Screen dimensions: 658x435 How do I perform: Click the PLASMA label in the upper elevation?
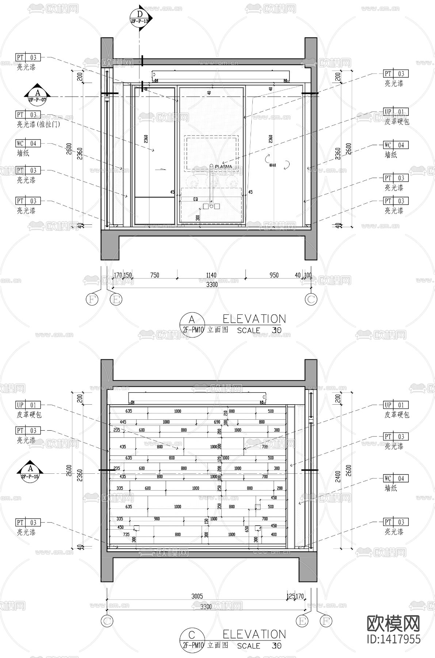click(x=224, y=166)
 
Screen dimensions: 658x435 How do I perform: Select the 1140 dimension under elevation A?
click(x=211, y=275)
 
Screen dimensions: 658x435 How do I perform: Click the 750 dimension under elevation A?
click(x=155, y=275)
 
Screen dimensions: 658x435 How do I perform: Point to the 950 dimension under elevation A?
click(x=274, y=275)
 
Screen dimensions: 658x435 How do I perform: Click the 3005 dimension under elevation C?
click(x=197, y=596)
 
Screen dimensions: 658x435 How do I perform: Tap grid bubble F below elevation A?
click(x=92, y=299)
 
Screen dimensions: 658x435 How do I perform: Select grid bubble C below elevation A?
click(x=311, y=299)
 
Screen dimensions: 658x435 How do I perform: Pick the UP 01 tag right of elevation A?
click(x=396, y=112)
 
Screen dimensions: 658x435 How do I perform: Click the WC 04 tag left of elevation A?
click(x=28, y=143)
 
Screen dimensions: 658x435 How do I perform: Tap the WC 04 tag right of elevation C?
click(x=396, y=479)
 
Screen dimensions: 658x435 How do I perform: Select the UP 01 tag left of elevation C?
click(x=28, y=405)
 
